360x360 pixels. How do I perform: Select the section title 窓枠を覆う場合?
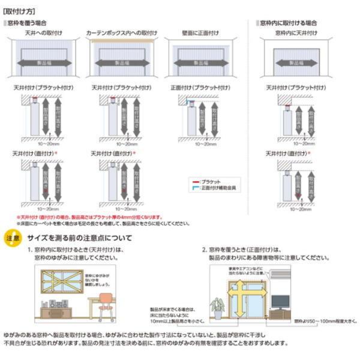(26, 22)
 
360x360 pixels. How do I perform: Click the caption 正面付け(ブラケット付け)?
(199, 88)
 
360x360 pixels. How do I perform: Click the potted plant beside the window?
(217, 308)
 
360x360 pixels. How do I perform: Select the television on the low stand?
(280, 301)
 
